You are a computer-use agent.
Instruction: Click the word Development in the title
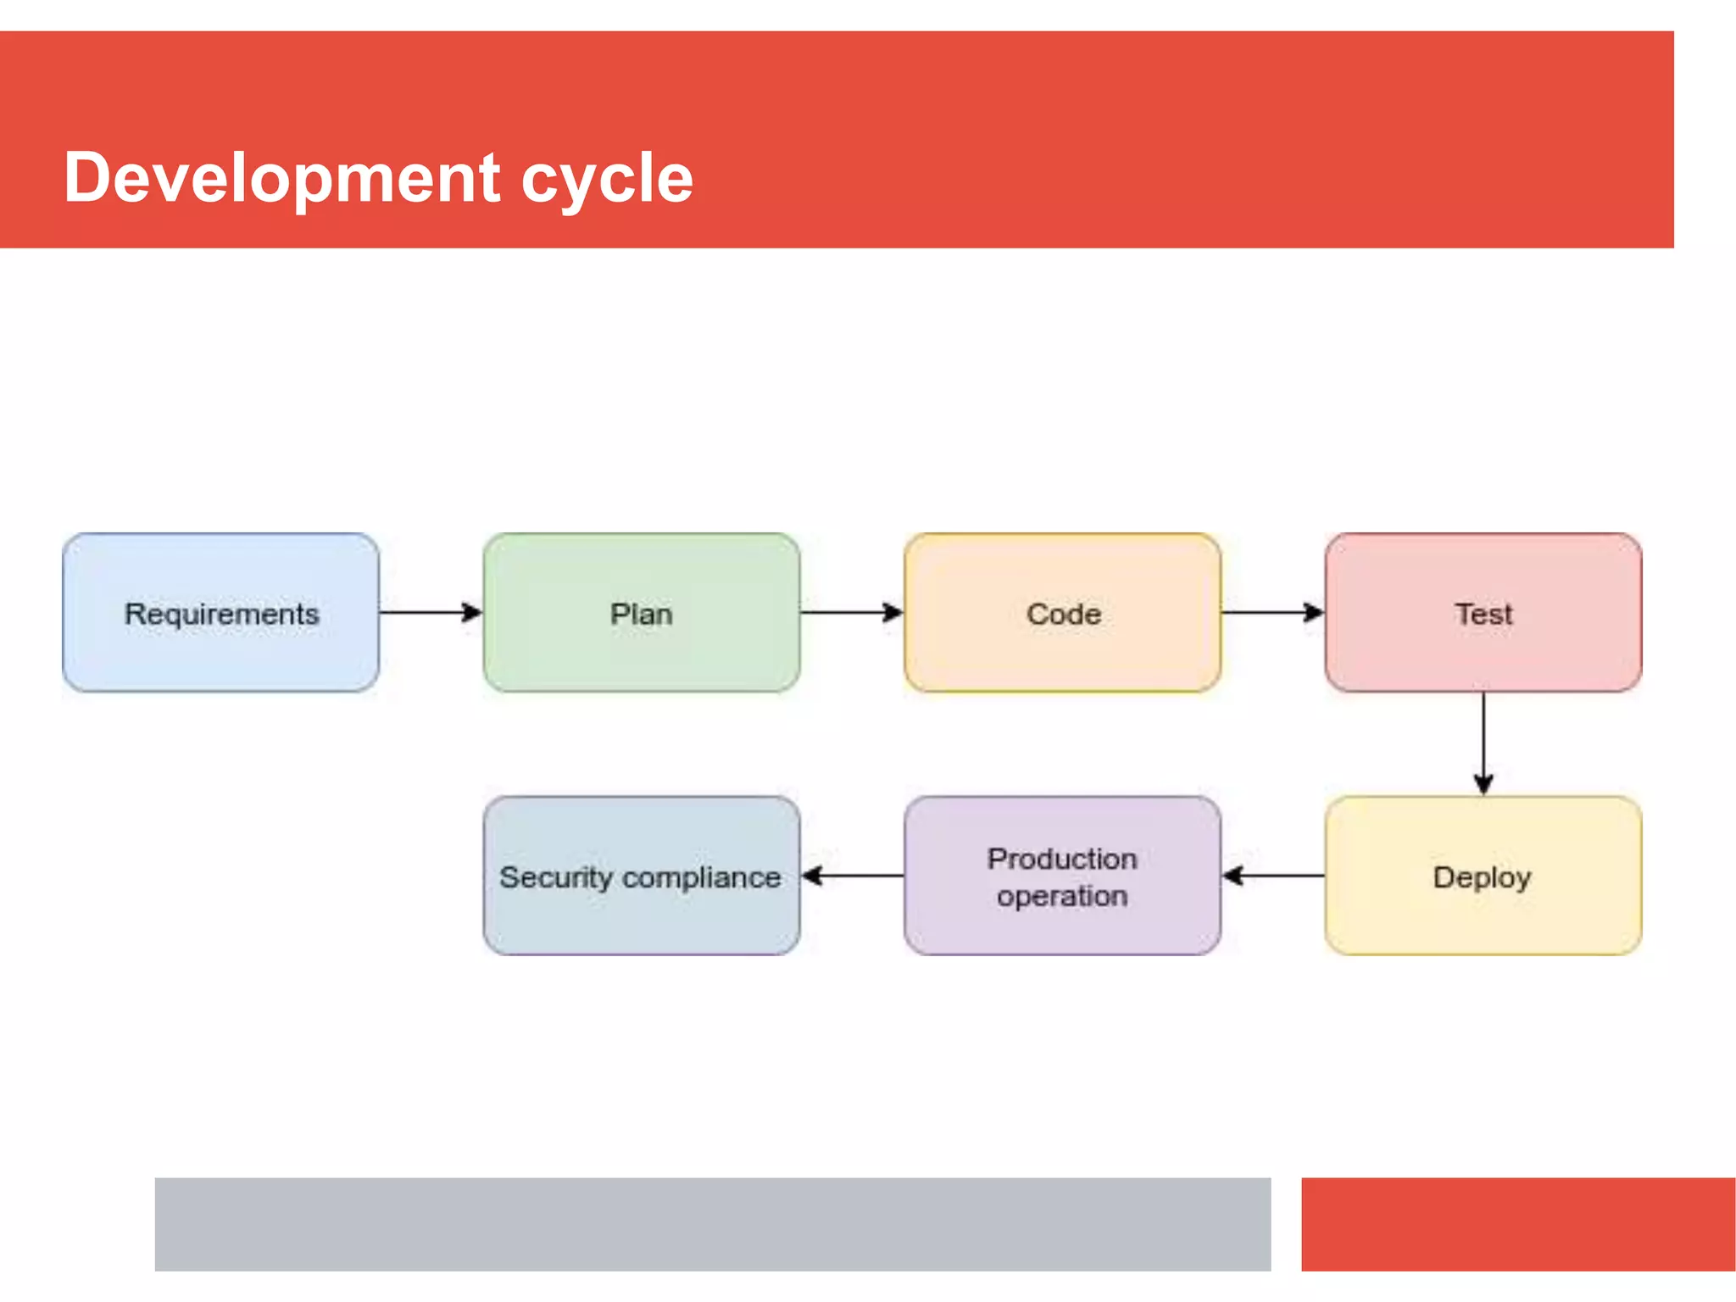click(x=281, y=178)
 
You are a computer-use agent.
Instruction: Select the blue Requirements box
click(x=220, y=613)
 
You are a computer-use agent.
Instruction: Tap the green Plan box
click(x=642, y=613)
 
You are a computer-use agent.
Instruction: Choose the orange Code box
click(x=1062, y=613)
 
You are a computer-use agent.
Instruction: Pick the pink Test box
click(x=1483, y=613)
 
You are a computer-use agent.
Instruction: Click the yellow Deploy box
click(x=1483, y=876)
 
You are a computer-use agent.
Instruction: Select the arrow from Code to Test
click(x=1271, y=612)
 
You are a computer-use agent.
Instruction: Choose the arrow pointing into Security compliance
click(x=852, y=876)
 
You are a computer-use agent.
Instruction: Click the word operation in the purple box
click(x=1062, y=897)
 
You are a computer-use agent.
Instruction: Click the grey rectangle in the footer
click(x=712, y=1224)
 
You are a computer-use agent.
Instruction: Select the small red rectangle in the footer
click(x=1517, y=1224)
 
